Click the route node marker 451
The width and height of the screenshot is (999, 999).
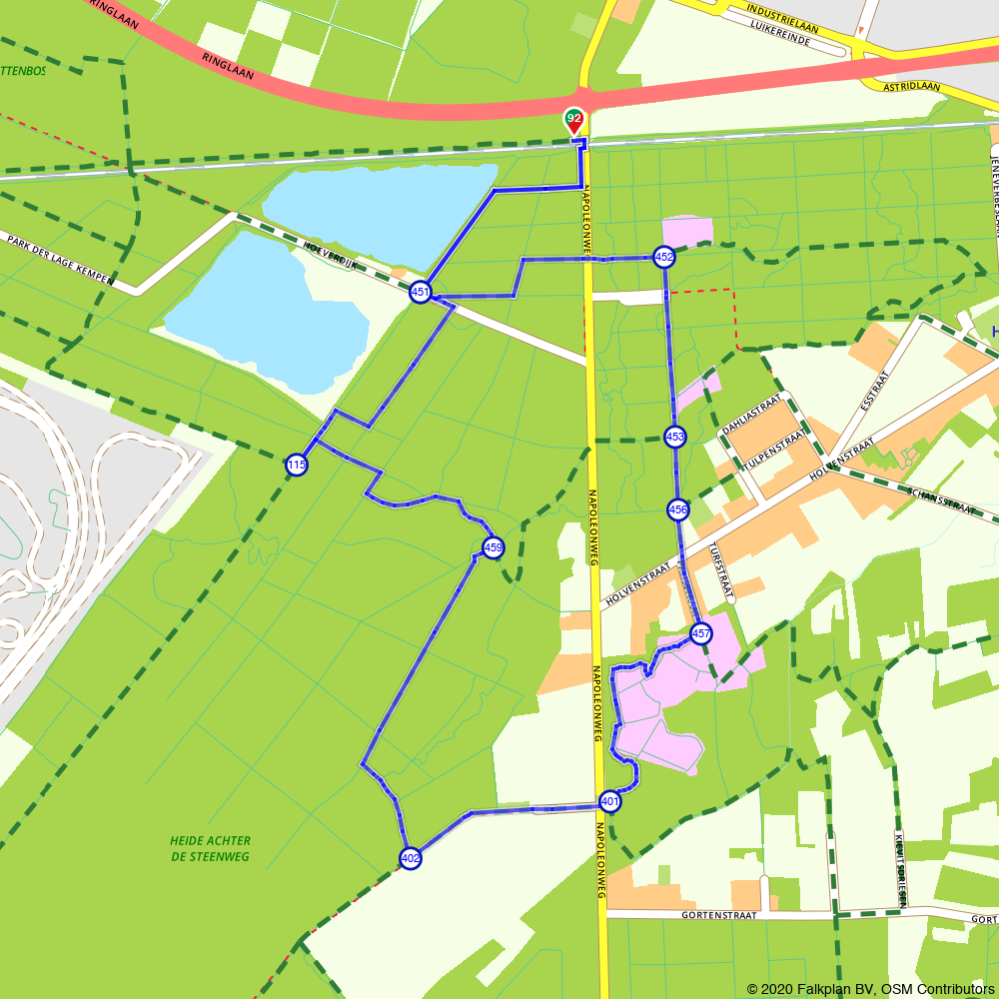[421, 293]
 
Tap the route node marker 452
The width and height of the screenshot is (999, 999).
[664, 257]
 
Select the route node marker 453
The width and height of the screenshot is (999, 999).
[675, 437]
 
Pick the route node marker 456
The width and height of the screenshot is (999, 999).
[678, 509]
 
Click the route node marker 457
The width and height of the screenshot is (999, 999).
[701, 633]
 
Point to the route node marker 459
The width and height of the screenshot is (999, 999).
[493, 547]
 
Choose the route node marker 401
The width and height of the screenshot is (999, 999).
[610, 801]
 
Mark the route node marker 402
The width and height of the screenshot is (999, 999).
[411, 857]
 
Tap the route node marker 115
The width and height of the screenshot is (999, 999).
[296, 465]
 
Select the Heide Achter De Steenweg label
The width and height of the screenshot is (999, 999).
[210, 848]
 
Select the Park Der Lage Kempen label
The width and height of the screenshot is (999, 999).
[59, 259]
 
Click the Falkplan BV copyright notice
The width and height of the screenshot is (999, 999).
[870, 989]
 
